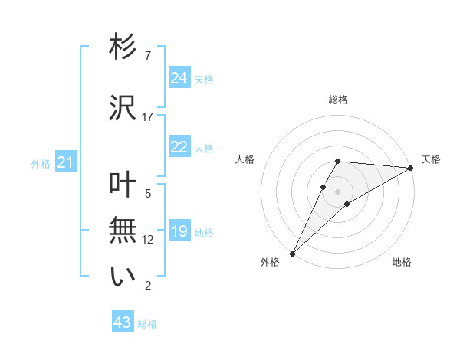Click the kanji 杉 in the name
(123, 47)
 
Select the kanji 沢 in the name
(123, 109)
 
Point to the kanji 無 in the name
(123, 231)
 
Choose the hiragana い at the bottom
(123, 277)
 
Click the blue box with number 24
(179, 78)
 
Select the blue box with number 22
(179, 148)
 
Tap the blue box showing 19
(179, 231)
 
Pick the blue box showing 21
(65, 162)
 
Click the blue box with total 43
(123, 323)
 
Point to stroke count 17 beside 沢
(148, 117)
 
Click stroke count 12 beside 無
(148, 240)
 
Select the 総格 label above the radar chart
(338, 100)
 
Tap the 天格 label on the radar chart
(431, 159)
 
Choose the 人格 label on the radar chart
(245, 159)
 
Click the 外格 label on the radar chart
(270, 262)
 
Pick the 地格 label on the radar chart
(402, 262)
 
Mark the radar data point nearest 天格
(410, 168)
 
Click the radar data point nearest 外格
(292, 253)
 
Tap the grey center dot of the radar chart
(337, 190)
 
